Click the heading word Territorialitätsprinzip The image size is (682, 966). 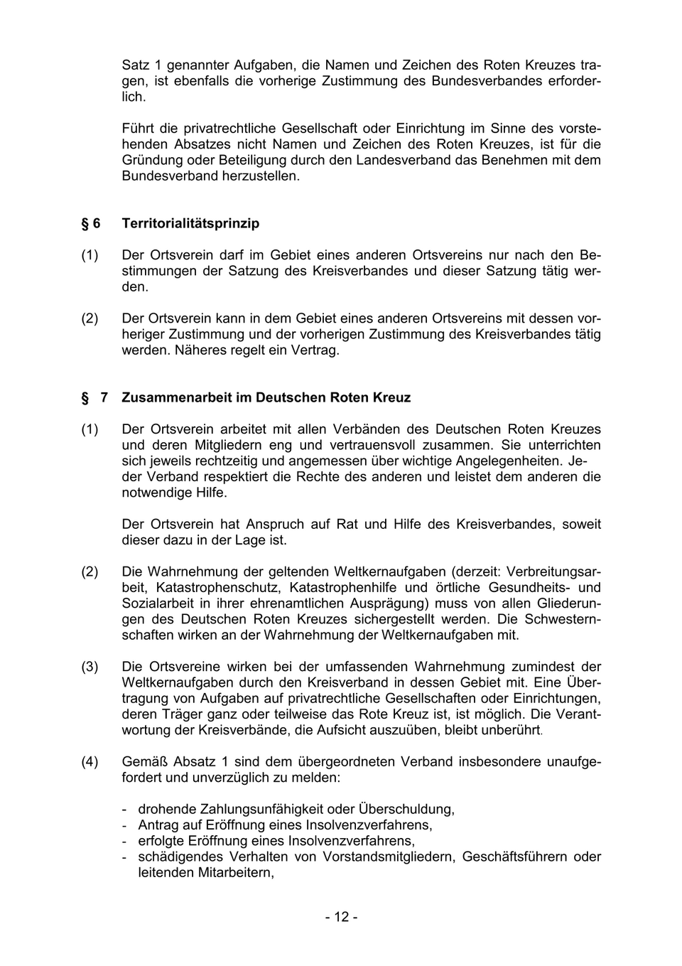pyautogui.click(x=190, y=223)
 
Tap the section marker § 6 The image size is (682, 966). pyautogui.click(x=91, y=223)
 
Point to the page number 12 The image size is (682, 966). pyautogui.click(x=341, y=917)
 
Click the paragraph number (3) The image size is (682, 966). pyautogui.click(x=90, y=667)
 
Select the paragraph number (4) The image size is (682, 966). pyautogui.click(x=90, y=762)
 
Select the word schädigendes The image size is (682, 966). pyautogui.click(x=179, y=857)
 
